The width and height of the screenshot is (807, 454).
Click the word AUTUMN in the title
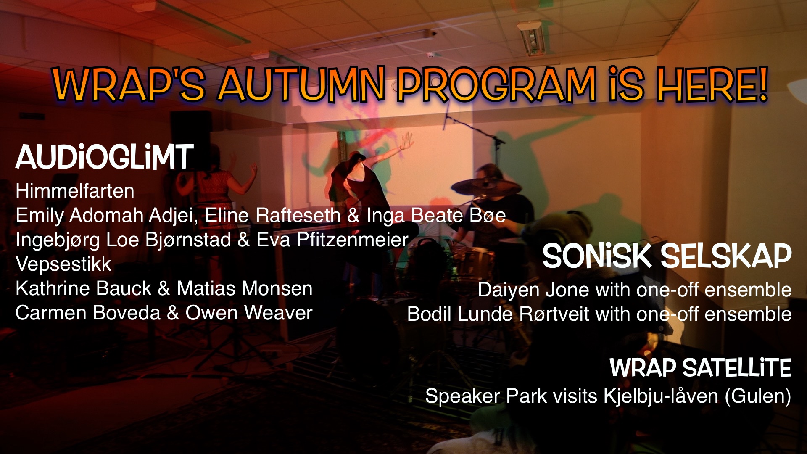pyautogui.click(x=301, y=84)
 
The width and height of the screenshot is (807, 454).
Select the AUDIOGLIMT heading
pyautogui.click(x=105, y=157)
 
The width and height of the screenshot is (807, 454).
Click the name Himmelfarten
pyautogui.click(x=75, y=191)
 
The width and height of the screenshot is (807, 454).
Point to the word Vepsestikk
pyautogui.click(x=63, y=264)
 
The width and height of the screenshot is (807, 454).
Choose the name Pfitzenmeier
pyautogui.click(x=353, y=240)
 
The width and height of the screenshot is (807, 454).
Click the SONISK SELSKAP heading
pyautogui.click(x=667, y=256)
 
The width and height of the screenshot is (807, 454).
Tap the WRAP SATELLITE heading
pyautogui.click(x=701, y=368)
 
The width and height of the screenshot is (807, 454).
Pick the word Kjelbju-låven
pyautogui.click(x=661, y=396)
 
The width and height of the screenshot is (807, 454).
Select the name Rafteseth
pyautogui.click(x=298, y=215)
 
